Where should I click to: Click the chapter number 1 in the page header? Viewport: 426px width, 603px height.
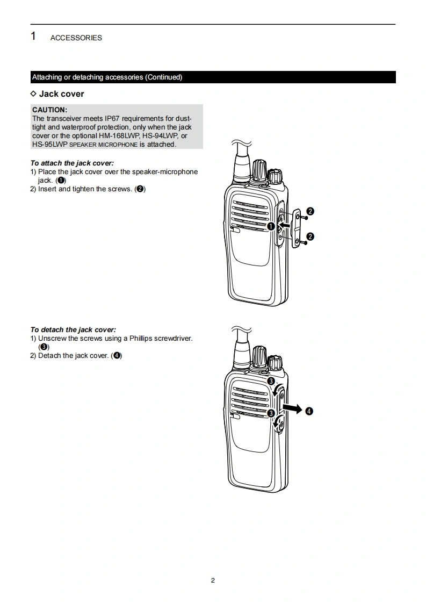point(33,37)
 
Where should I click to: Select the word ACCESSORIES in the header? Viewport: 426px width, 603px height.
point(76,38)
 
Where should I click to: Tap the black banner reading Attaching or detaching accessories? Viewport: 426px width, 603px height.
point(107,77)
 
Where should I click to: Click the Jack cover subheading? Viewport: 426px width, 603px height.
point(61,94)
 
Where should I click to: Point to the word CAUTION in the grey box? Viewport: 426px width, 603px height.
point(49,110)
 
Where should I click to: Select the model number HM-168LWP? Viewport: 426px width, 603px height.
point(119,136)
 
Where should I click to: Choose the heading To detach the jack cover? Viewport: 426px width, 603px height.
point(73,329)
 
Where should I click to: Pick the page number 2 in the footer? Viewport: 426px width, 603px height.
point(213,580)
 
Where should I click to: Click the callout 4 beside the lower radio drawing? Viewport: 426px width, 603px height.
point(309,411)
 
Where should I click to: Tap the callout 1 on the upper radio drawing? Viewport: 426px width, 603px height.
point(271,226)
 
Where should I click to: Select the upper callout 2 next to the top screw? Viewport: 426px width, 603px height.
point(310,211)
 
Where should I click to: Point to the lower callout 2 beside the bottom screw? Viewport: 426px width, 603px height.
point(310,236)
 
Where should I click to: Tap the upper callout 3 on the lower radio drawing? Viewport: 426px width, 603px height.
point(271,381)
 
